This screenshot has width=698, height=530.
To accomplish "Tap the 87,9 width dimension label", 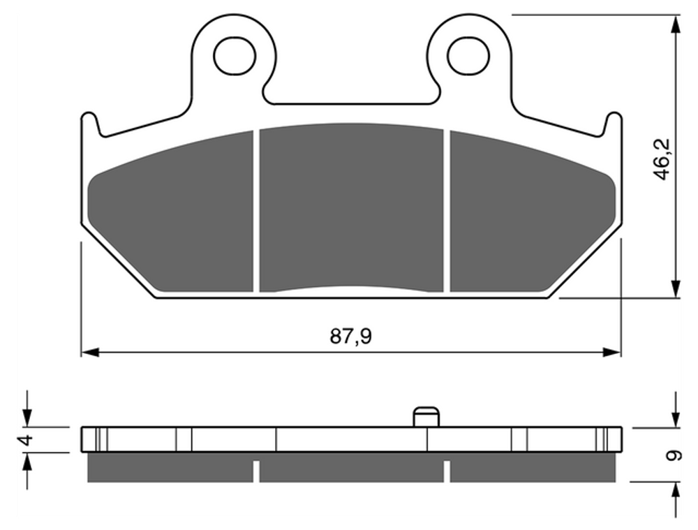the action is point(351,337).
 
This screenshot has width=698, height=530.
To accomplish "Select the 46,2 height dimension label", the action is point(662,159).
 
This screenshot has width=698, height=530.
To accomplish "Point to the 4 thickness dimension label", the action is point(27,440).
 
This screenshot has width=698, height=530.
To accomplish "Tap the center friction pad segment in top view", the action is point(351,207).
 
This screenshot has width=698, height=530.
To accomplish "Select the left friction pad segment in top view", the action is point(171,212).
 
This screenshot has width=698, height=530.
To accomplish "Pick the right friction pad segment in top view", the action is point(533,212).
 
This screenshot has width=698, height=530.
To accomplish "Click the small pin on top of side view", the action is point(426,416).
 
